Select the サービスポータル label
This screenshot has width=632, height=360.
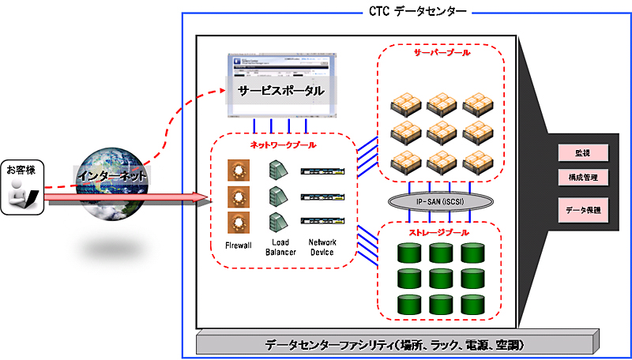pyautogui.click(x=281, y=91)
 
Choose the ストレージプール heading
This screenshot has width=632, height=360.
pyautogui.click(x=438, y=234)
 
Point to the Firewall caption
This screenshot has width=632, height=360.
pyautogui.click(x=238, y=246)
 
